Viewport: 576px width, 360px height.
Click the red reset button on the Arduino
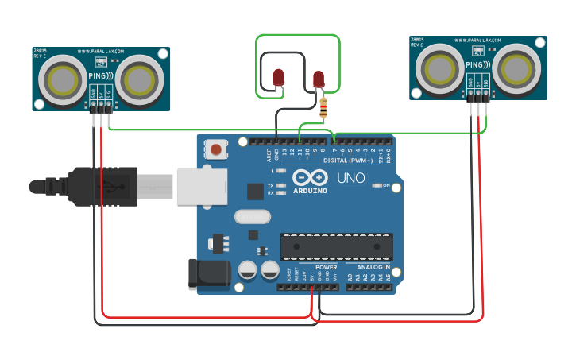(215, 149)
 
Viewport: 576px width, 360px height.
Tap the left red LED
(279, 77)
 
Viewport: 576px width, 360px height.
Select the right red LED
(319, 79)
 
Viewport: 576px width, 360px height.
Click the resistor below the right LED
(323, 110)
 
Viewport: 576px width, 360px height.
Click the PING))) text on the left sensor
(99, 76)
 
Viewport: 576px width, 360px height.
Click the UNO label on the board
(351, 178)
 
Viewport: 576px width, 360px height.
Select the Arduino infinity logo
(308, 178)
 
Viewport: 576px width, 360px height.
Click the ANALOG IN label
(368, 268)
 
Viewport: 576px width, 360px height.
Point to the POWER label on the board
(326, 268)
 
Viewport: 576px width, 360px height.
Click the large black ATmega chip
(336, 247)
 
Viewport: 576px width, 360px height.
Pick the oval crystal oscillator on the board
(253, 215)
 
